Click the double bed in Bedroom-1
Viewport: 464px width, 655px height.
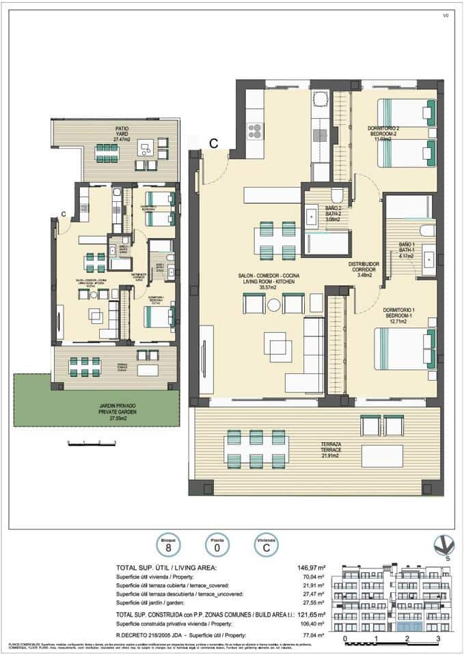tap(404, 349)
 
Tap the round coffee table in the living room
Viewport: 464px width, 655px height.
tap(274, 305)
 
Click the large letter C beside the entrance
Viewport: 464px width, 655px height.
tap(214, 143)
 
